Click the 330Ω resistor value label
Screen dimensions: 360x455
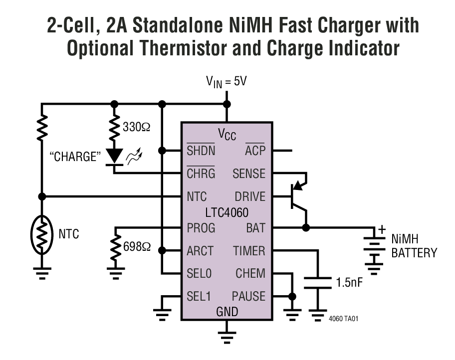click(136, 127)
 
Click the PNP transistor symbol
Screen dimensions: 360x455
click(298, 197)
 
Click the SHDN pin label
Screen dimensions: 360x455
click(201, 151)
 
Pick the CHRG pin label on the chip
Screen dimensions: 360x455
click(201, 174)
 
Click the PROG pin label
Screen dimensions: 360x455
click(201, 228)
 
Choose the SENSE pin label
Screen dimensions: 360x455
click(249, 174)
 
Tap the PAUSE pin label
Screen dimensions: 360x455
click(248, 296)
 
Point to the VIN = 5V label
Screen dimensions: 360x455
click(227, 81)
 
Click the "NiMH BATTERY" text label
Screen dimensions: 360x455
click(414, 246)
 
